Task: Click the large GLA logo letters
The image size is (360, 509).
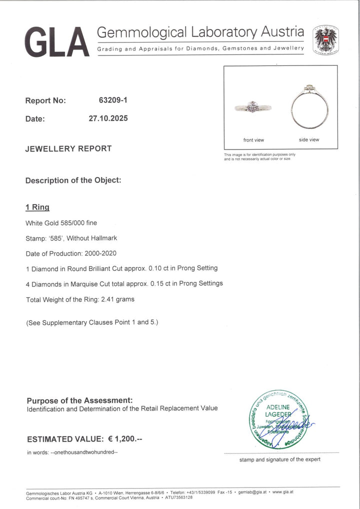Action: [x=56, y=41]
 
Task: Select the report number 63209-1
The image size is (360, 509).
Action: [x=113, y=100]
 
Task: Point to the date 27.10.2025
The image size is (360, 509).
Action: [x=108, y=118]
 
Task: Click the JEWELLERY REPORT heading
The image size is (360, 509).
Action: [x=68, y=148]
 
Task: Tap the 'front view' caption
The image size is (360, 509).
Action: [x=253, y=140]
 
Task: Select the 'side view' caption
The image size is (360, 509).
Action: [x=309, y=140]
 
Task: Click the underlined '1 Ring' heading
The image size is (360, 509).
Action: [x=37, y=207]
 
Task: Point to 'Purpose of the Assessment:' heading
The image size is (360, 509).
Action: [x=79, y=400]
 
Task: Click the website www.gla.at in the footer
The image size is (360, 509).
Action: [x=282, y=492]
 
